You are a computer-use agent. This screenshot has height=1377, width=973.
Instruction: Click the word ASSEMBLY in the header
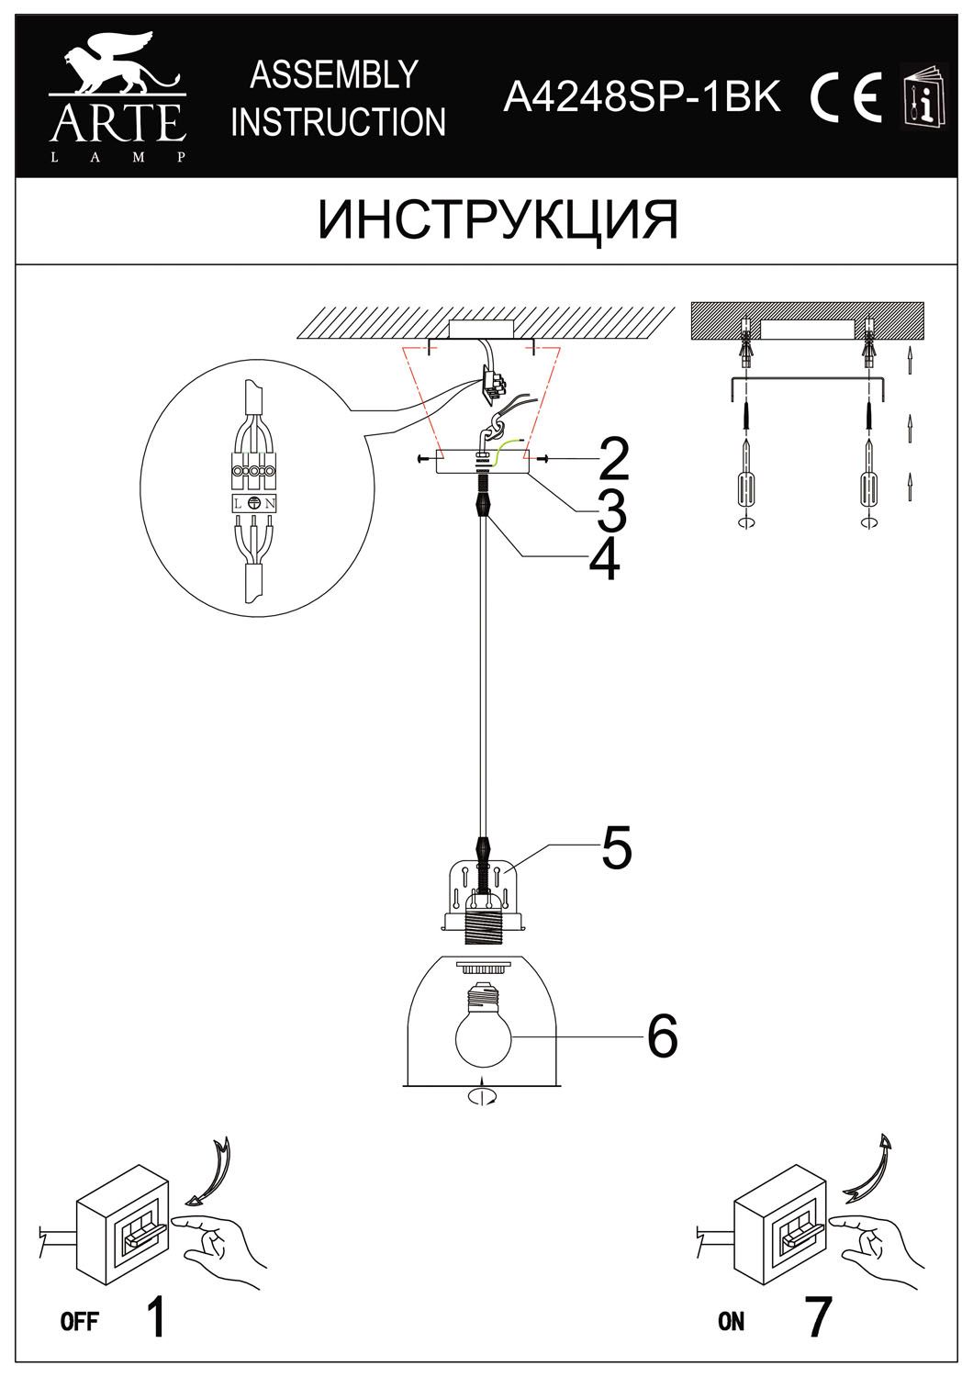coord(334,75)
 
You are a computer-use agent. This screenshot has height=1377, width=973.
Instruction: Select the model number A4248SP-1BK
coord(643,95)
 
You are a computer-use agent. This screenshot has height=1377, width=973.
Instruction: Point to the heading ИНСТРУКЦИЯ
coord(498,220)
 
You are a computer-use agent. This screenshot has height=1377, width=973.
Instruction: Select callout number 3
coord(611,510)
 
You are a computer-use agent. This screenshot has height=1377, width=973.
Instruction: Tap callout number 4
coord(604,559)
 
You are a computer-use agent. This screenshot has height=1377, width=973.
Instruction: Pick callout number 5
coord(617,848)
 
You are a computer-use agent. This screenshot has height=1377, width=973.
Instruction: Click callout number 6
coord(662,1036)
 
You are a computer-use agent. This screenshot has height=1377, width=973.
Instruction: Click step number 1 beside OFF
coord(157,1317)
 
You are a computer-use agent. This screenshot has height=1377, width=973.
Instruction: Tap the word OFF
coord(79,1322)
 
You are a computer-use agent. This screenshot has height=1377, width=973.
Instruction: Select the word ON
coord(732,1322)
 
